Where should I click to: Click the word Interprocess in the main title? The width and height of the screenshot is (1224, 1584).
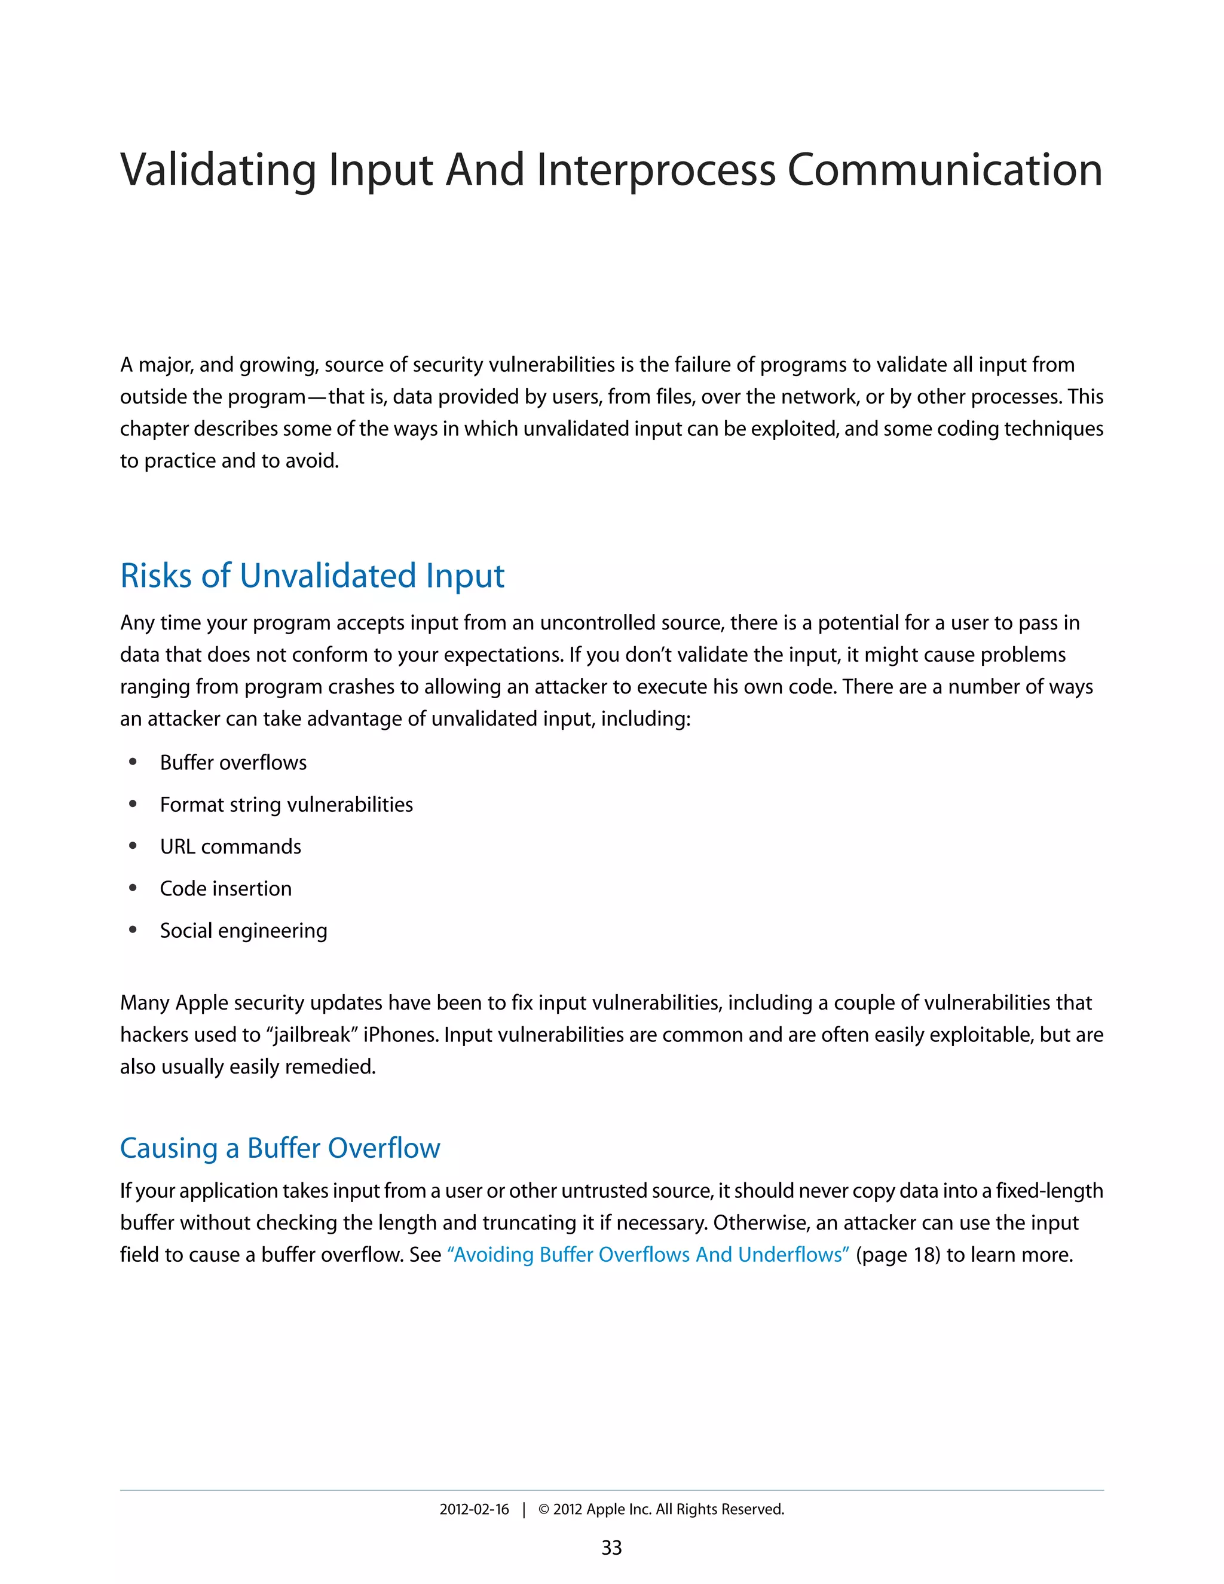(656, 170)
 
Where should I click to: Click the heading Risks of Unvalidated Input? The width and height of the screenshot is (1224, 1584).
(312, 576)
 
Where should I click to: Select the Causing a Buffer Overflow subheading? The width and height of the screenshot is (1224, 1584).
(280, 1148)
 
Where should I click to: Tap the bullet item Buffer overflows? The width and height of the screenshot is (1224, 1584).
(232, 763)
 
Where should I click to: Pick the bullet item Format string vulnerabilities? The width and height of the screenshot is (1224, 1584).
(286, 805)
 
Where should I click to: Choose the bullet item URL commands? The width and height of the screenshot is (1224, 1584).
(230, 847)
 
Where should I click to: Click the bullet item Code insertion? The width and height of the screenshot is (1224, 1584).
(225, 889)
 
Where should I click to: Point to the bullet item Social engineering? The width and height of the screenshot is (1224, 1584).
(244, 931)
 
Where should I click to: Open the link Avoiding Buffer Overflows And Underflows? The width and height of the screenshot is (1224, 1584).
(649, 1255)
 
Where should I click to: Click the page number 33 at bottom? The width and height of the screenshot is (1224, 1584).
(611, 1548)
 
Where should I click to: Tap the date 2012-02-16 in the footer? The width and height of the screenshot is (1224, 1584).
(474, 1509)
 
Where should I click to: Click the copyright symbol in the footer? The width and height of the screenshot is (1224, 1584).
(544, 1510)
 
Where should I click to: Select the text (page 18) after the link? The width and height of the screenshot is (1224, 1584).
(898, 1255)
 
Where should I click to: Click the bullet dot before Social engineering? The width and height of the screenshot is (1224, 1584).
(133, 931)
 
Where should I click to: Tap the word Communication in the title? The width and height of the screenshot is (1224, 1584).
(945, 170)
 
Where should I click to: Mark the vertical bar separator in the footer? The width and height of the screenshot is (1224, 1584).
(524, 1510)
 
